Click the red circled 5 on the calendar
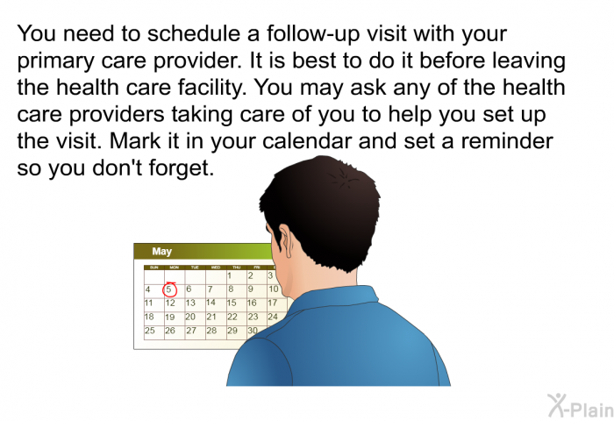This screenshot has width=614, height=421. click(169, 289)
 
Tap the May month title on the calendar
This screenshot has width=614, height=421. click(161, 252)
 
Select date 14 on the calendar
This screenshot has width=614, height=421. click(211, 303)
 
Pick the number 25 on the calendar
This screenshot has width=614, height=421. click(150, 331)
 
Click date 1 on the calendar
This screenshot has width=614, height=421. click(230, 275)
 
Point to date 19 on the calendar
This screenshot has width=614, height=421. click(169, 317)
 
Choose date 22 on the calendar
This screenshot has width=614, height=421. click(232, 317)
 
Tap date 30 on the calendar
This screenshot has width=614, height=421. click(253, 331)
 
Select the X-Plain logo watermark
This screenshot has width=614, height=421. click(581, 406)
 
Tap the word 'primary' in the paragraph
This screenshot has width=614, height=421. click(55, 61)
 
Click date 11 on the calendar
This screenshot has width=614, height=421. click(149, 303)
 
